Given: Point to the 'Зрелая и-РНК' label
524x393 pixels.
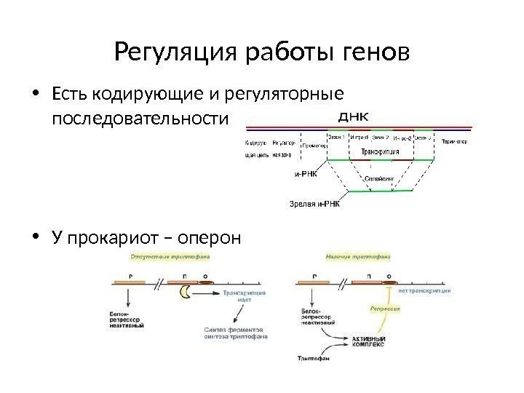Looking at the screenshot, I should click(314, 205).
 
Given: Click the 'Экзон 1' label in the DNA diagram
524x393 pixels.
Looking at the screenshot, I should click(337, 136).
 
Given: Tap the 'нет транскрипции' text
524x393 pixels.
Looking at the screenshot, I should click(425, 290).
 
